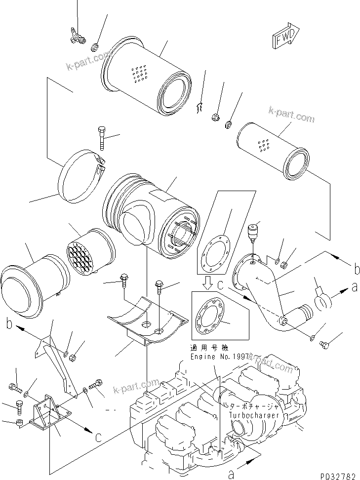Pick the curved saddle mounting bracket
pyautogui.click(x=148, y=321)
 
